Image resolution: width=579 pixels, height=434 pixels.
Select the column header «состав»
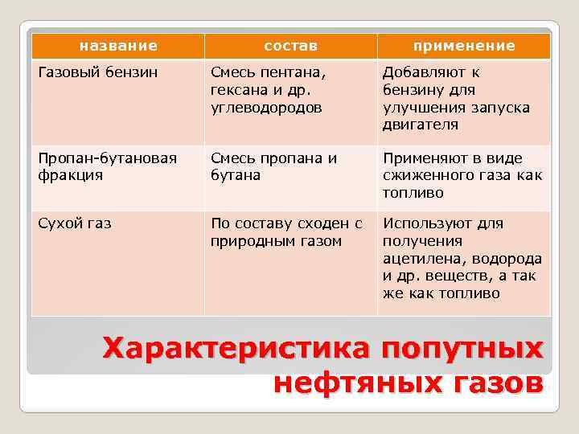[290, 46]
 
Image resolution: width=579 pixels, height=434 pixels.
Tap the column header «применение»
[463, 46]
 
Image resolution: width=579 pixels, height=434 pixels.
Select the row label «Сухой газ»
[74, 223]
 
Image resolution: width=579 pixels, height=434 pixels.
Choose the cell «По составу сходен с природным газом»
[286, 232]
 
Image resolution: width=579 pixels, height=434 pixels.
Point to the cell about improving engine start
[456, 98]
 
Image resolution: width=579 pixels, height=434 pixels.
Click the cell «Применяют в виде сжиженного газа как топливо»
[462, 175]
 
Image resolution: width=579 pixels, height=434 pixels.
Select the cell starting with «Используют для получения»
[462, 258]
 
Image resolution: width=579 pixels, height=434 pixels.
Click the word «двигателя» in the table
[421, 125]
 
